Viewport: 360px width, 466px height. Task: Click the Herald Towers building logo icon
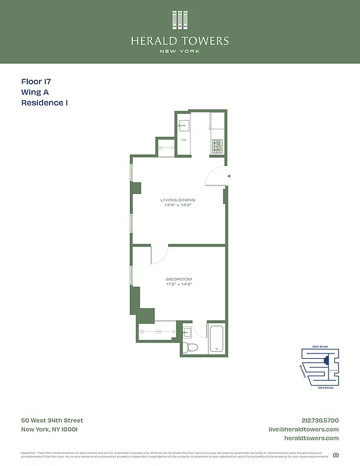pos(180,20)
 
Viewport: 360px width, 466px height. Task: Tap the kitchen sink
pos(184,124)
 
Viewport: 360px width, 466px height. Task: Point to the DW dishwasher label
pos(184,140)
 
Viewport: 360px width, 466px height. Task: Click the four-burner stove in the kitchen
pos(217,146)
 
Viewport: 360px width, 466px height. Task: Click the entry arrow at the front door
pos(229,175)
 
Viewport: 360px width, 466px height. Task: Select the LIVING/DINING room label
pos(178,200)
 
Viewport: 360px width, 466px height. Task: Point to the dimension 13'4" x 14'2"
pos(178,206)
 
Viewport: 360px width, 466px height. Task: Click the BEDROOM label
pos(179,279)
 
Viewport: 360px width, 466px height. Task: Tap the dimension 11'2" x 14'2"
pos(179,284)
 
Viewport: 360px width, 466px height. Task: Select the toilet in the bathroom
pos(190,347)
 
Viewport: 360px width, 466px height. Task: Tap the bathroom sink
pos(187,333)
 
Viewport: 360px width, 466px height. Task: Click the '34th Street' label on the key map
pos(320,347)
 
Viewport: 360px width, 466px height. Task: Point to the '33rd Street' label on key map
pos(325,387)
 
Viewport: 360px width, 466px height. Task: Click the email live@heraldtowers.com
pos(303,429)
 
